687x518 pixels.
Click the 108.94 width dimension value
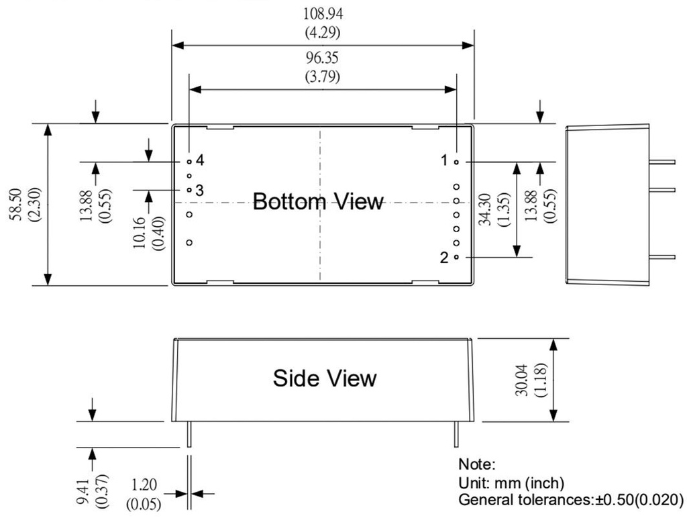tap(322, 13)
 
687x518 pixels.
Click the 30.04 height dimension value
tap(521, 380)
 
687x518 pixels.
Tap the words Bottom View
tap(318, 201)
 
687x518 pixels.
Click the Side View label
tap(325, 378)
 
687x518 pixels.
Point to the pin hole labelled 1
tap(457, 162)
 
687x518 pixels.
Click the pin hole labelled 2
tap(457, 257)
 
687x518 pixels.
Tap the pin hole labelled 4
tap(189, 162)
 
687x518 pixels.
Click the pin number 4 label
tap(200, 160)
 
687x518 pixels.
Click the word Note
tap(476, 464)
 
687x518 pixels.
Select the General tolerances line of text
tap(570, 501)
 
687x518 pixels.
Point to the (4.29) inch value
tap(322, 31)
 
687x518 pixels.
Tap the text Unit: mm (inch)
tap(511, 482)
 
